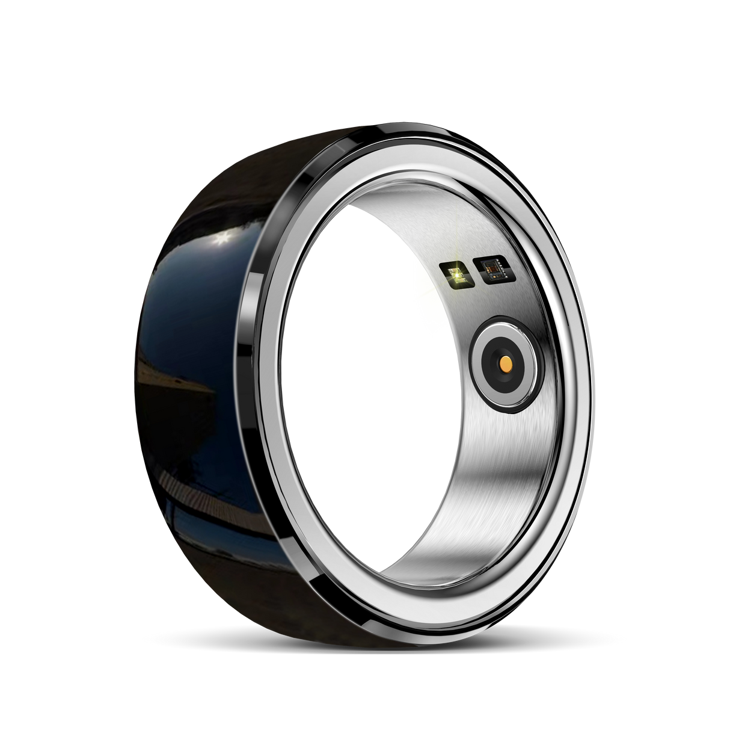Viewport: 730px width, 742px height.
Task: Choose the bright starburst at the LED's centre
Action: click(458, 274)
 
